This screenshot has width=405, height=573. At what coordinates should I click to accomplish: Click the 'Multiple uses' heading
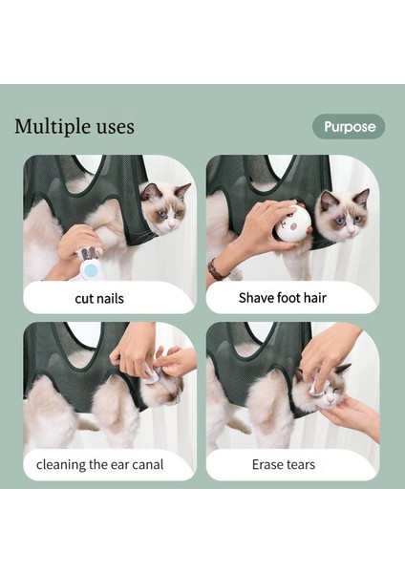75,127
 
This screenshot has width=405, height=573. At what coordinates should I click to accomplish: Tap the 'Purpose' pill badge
349,126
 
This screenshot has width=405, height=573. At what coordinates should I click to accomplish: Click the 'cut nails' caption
99,298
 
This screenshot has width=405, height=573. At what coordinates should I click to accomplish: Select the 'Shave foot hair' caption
283,297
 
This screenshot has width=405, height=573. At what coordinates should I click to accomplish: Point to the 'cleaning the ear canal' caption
100,465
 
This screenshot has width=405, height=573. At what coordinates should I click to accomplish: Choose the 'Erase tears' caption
284,465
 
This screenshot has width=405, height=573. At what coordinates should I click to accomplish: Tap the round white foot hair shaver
293,223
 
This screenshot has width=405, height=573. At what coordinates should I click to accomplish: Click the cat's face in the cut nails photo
164,207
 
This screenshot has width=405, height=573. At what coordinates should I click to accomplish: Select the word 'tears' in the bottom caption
300,465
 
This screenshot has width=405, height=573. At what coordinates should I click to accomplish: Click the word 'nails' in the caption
110,298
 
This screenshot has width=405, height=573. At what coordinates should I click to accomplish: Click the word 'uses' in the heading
114,127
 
